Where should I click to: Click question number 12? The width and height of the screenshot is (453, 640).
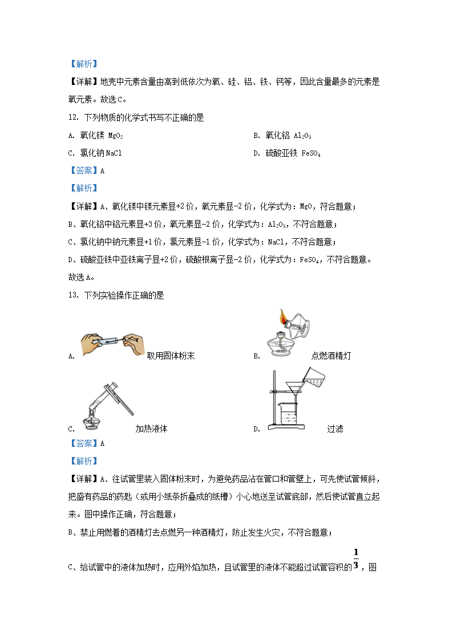click(74, 118)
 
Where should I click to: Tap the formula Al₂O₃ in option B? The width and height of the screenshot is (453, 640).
click(302, 136)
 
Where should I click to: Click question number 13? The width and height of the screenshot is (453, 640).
click(74, 295)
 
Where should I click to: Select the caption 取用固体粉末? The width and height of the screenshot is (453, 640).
click(171, 356)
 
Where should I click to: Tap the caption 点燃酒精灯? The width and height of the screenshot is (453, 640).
click(331, 356)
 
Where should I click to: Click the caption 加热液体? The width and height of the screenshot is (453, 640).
click(151, 429)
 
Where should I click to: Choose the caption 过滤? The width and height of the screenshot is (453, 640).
click(335, 429)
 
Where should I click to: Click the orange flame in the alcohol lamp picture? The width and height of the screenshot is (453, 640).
click(282, 316)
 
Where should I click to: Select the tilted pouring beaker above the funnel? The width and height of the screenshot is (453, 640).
click(312, 378)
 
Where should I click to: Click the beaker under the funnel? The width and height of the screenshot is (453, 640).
click(289, 415)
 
